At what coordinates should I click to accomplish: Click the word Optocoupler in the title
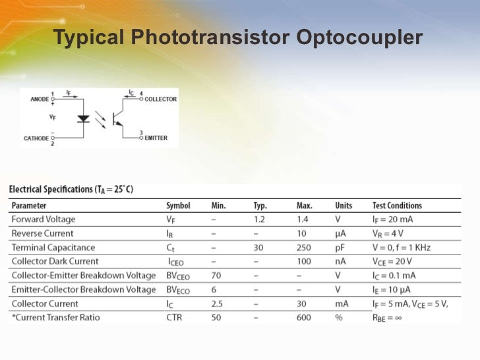pos(359,38)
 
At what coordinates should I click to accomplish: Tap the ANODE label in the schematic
pos(40,100)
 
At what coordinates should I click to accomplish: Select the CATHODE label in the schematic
pos(36,138)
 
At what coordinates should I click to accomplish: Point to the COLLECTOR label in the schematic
pos(160,100)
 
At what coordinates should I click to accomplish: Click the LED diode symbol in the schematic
pos(84,119)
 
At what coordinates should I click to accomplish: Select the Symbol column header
pos(178,206)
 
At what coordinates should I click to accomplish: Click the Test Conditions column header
pos(397,206)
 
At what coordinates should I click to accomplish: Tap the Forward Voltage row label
pos(44,220)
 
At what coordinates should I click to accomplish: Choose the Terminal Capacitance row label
pos(53,248)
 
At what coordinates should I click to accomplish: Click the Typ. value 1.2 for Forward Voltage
pos(260,220)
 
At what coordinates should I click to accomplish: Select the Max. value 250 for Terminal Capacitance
pos(304,248)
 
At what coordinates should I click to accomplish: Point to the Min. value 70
pos(216,276)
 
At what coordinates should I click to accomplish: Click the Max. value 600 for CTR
pos(304,318)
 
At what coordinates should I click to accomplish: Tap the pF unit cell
pos(340,248)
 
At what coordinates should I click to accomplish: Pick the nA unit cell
pos(340,262)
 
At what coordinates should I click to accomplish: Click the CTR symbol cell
pos(175,318)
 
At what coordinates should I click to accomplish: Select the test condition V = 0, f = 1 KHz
pos(402,248)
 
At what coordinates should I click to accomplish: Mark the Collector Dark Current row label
pos(55,262)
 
